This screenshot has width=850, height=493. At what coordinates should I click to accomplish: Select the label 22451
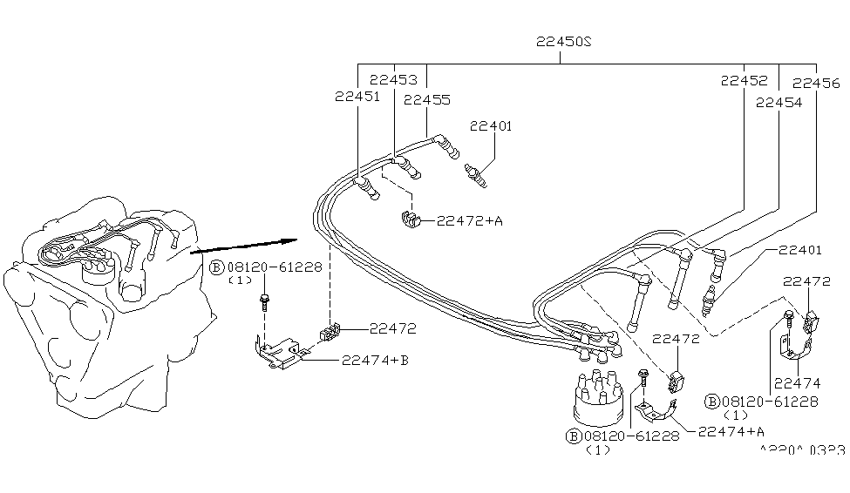357,97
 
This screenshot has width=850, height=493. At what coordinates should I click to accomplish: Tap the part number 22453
392,79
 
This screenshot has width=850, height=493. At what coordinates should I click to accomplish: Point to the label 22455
427,99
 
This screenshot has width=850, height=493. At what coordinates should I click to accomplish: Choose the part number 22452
744,80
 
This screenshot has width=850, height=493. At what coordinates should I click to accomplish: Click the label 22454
778,102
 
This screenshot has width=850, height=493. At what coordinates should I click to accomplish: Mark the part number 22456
816,84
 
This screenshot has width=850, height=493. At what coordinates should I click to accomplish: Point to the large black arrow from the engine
244,246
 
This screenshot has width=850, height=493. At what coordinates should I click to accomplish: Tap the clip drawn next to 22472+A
409,219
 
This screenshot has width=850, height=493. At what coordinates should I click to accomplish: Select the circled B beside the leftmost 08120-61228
217,268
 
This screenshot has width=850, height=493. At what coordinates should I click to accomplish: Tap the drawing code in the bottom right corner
801,450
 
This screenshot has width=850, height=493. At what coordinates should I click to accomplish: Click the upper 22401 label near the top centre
492,126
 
